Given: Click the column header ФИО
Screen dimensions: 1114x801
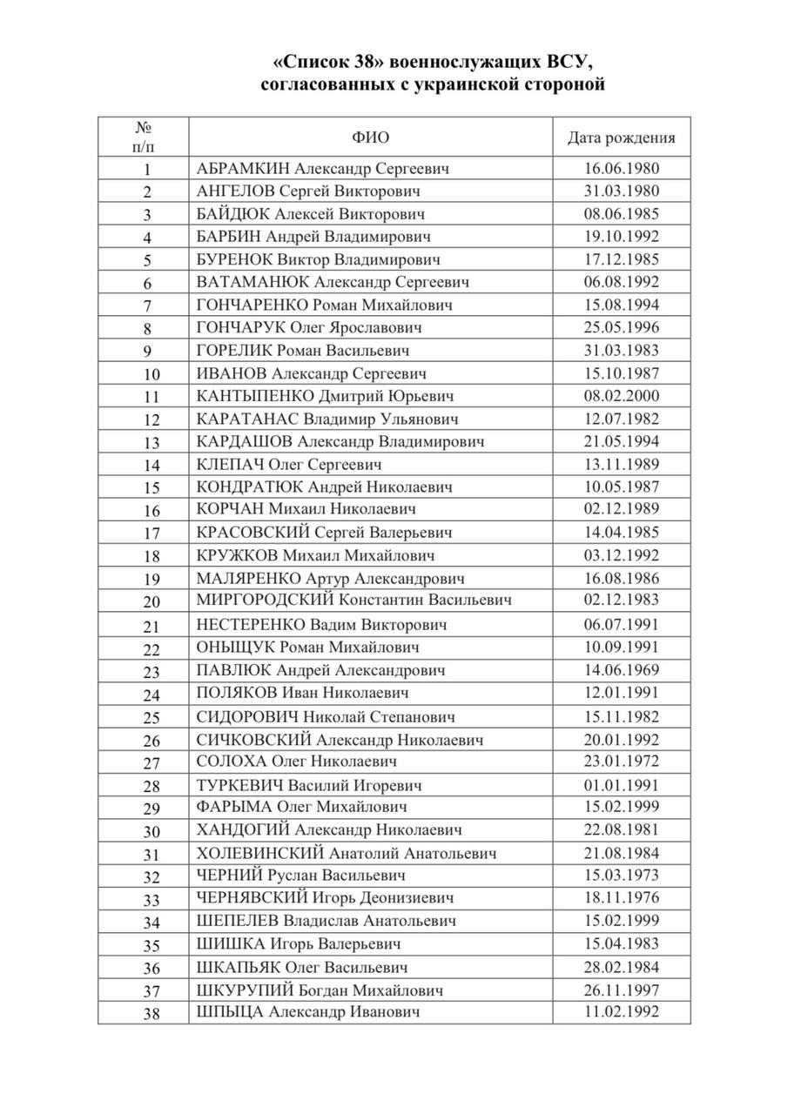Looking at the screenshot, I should point(371,138).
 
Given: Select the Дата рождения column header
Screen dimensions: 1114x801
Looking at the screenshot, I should point(621,138).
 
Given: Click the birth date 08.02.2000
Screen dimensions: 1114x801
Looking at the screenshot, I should point(621,396).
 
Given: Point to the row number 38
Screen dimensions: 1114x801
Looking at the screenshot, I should point(151,1013).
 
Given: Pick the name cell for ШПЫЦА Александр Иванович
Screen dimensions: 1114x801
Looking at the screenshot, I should point(309,1012).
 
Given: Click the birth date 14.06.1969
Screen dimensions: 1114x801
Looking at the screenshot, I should point(621,670).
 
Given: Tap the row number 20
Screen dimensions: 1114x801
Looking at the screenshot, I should point(151,601).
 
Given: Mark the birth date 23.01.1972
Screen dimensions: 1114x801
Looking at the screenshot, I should point(621,762).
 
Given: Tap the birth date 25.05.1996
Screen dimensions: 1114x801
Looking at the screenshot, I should point(621,327).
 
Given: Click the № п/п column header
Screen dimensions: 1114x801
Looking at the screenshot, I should point(145,138).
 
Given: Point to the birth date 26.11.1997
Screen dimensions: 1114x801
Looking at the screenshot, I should point(621,990).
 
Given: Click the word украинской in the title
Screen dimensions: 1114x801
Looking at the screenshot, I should point(456,85).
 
